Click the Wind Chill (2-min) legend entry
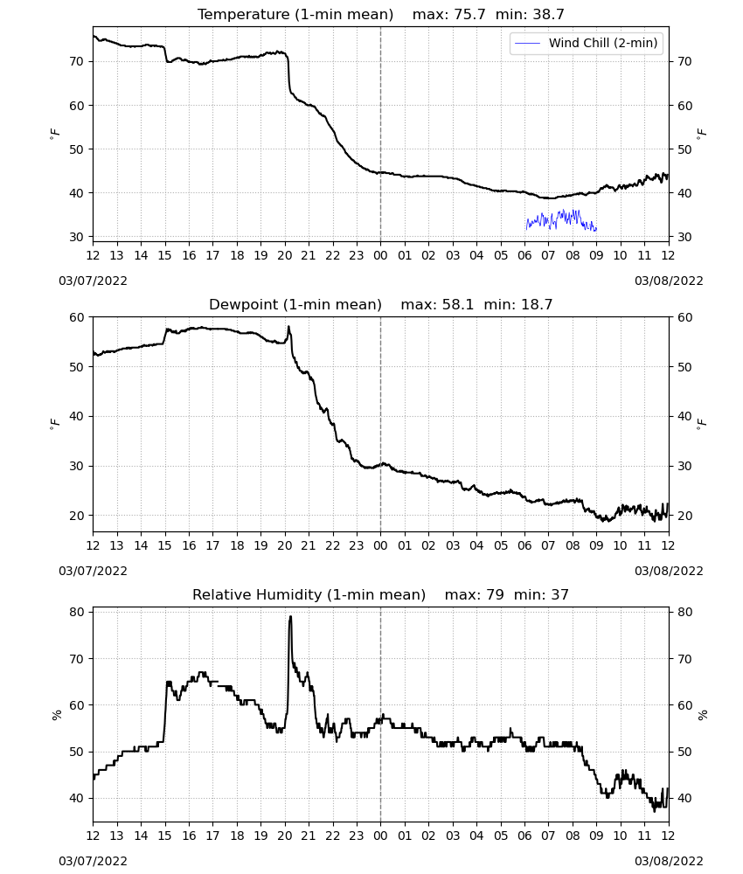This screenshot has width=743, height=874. point(587,43)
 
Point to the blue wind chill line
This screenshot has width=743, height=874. point(561,219)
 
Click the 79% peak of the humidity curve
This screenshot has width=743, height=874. point(290,616)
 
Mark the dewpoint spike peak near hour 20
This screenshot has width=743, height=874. point(288,327)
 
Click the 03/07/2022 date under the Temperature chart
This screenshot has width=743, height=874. point(93,281)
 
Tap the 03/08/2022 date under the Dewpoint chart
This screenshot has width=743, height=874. point(669,572)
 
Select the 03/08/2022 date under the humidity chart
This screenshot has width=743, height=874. point(669,861)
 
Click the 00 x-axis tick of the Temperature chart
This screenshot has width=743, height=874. point(381,255)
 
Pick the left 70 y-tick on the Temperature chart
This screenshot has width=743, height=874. point(76,61)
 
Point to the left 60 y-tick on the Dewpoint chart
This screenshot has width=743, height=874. point(76,318)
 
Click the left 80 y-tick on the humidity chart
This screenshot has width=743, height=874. point(76,612)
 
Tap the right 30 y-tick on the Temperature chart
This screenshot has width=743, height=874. point(684,237)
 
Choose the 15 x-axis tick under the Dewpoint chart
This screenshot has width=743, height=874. point(165,545)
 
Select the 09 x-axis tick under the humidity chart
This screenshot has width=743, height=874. point(596,836)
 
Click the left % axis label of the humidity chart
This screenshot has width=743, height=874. point(56,715)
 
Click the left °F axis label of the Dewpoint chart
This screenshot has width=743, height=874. point(54,424)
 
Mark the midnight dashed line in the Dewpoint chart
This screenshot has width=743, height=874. point(381,424)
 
